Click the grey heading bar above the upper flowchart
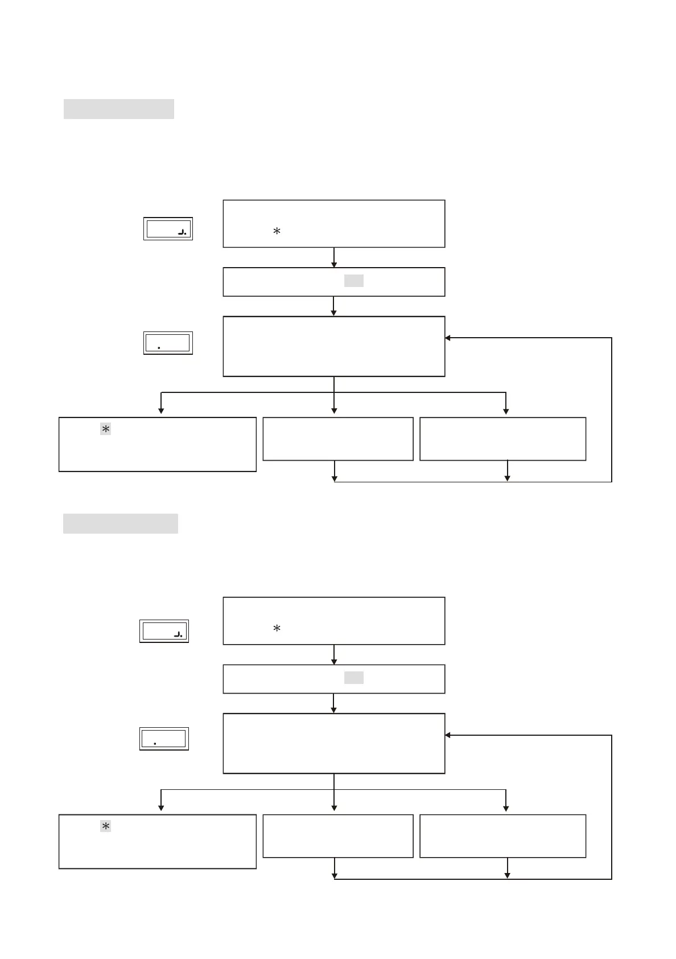pos(118,109)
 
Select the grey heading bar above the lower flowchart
pos(120,523)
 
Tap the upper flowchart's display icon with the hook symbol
pos(168,229)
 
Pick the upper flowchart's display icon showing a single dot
pos(168,343)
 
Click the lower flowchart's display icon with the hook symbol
pos(164,631)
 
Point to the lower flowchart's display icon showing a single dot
pos(164,739)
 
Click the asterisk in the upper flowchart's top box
pos(277,231)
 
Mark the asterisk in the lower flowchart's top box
pos(277,629)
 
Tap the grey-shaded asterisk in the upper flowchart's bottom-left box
pos(105,429)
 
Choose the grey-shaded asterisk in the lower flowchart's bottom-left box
pos(105,826)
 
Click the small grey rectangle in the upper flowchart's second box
pos(353,281)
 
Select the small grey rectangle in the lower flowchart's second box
pos(353,678)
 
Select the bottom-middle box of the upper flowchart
pos(337,438)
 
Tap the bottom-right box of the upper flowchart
pos(502,438)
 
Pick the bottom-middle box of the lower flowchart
pos(337,836)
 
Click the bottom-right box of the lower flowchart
pos(502,836)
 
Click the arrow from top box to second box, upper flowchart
pos(334,258)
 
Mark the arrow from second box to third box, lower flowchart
pos(334,703)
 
